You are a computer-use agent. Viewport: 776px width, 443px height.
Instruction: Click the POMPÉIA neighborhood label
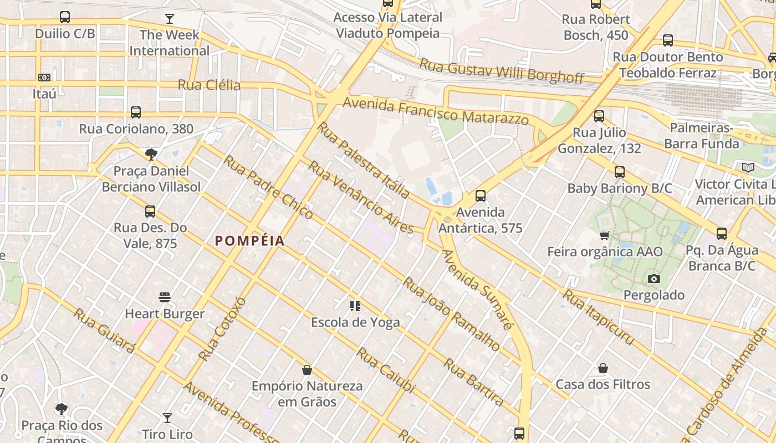249,241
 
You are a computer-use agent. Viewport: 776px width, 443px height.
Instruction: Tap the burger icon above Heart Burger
165,297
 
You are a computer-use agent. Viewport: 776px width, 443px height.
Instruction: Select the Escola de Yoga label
355,322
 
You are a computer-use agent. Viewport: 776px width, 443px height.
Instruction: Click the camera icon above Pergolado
654,279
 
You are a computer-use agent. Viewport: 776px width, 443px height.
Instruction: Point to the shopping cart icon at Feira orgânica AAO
605,235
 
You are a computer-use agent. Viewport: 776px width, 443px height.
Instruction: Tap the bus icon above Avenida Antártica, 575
480,196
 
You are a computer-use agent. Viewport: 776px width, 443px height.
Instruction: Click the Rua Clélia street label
209,85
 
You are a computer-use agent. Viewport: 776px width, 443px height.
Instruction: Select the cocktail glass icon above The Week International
169,19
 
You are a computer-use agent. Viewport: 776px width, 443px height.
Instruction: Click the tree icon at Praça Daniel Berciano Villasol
151,154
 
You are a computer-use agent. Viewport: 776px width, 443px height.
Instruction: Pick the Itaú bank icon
44,78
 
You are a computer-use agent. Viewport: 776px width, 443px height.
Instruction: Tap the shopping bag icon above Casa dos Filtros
603,368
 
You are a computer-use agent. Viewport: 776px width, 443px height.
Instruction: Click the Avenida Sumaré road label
476,289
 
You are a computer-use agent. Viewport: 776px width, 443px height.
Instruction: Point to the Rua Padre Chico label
268,187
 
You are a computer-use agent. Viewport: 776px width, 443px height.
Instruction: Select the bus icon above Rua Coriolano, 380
136,112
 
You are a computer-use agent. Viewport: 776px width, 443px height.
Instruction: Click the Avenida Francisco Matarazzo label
435,111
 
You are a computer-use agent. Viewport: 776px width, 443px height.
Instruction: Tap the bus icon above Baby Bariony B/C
619,172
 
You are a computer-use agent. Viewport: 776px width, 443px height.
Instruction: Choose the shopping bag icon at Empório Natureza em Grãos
307,370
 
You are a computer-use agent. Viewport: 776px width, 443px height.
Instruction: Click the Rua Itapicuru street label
598,317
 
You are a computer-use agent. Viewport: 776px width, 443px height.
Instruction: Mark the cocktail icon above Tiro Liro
167,418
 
